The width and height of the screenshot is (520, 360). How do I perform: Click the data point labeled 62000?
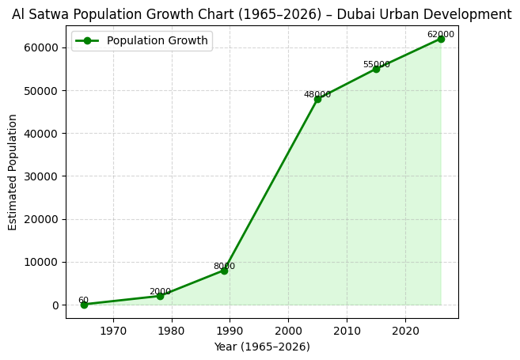tap(441, 39)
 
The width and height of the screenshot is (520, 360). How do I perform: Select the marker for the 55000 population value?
tap(376, 69)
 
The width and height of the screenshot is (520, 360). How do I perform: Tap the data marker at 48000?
tap(317, 99)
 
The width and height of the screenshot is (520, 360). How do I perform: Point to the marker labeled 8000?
tap(224, 271)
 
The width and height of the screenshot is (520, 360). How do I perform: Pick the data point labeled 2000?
tap(160, 296)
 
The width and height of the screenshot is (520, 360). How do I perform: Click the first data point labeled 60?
tap(84, 305)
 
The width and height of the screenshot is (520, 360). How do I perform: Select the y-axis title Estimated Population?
tap(13, 172)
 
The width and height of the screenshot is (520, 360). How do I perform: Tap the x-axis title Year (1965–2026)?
tap(262, 347)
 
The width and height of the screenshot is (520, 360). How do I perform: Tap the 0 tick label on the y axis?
tap(55, 305)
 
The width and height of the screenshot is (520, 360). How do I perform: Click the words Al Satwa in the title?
tap(39, 14)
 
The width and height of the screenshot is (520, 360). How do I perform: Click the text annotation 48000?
tap(317, 95)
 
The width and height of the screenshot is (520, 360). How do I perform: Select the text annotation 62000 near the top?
tap(441, 35)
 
